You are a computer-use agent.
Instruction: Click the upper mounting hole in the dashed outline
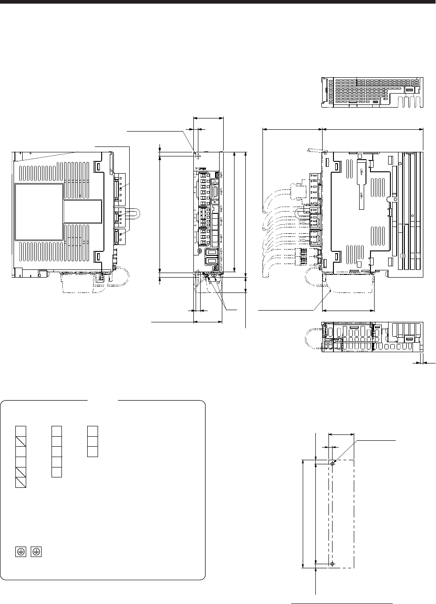click(333, 464)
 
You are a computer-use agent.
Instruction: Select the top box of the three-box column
click(92, 431)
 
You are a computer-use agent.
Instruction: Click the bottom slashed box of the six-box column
click(21, 482)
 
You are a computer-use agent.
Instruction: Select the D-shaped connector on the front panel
click(216, 192)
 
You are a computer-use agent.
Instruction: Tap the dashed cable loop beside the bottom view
click(312, 337)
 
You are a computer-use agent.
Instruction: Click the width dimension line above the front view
click(208, 118)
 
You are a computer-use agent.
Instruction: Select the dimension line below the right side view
click(349, 311)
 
